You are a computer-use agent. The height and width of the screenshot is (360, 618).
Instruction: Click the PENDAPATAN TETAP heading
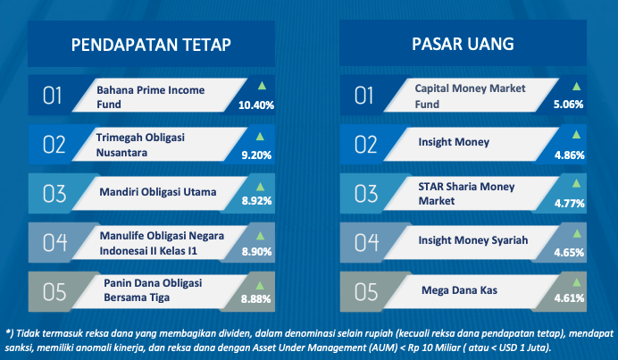pyautogui.click(x=151, y=45)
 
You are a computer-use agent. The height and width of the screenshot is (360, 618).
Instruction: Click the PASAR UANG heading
pyautogui.click(x=463, y=44)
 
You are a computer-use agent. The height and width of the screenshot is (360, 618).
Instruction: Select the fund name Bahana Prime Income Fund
pyautogui.click(x=151, y=97)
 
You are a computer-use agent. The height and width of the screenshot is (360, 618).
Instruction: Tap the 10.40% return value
pyautogui.click(x=256, y=105)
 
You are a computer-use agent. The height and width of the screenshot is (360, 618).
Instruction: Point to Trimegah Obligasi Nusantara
pyautogui.click(x=140, y=145)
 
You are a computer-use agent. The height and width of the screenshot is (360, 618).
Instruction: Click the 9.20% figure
pyautogui.click(x=256, y=155)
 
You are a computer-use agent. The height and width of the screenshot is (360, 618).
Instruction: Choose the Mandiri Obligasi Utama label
pyautogui.click(x=158, y=192)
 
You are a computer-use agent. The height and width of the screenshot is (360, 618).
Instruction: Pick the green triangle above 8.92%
pyautogui.click(x=260, y=187)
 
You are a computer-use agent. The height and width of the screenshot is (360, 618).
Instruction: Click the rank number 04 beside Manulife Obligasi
pyautogui.click(x=54, y=242)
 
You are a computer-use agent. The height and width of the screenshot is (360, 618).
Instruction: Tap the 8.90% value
pyautogui.click(x=256, y=252)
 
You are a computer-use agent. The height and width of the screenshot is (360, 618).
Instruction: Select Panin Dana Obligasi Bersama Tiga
pyautogui.click(x=153, y=289)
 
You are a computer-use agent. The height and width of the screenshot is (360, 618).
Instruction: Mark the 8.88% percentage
pyautogui.click(x=255, y=299)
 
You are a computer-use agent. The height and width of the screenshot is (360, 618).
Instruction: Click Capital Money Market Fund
pyautogui.click(x=470, y=96)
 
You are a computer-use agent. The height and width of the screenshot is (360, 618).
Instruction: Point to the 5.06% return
pyautogui.click(x=568, y=105)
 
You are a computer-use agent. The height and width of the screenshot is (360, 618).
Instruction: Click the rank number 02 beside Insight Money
pyautogui.click(x=366, y=145)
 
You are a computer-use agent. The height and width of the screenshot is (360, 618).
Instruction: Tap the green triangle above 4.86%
pyautogui.click(x=576, y=135)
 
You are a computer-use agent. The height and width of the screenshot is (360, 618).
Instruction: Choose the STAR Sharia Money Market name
pyautogui.click(x=466, y=194)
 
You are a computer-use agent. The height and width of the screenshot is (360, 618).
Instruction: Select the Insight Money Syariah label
pyautogui.click(x=473, y=240)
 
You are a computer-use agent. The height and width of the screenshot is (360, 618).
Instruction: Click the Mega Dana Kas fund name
pyautogui.click(x=459, y=290)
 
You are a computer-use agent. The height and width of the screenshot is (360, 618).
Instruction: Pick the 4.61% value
pyautogui.click(x=569, y=298)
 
